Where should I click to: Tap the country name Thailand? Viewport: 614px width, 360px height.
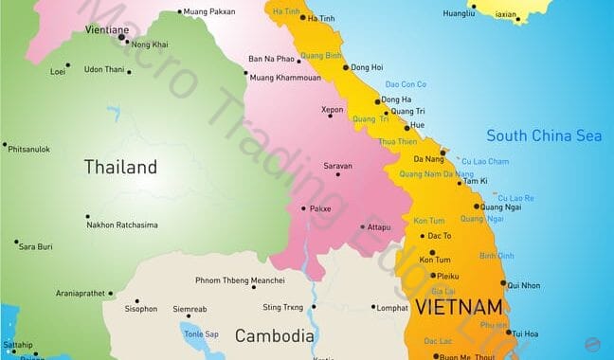(x=120, y=168)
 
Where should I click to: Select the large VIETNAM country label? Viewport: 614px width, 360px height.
(x=458, y=307)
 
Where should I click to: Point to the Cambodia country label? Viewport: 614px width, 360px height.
(x=274, y=335)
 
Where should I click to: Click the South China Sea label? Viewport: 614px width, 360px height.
(x=544, y=135)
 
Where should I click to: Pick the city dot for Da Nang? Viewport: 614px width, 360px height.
(x=442, y=152)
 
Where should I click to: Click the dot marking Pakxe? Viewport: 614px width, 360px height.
(x=303, y=208)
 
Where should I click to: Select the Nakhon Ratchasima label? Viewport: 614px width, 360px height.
(x=122, y=225)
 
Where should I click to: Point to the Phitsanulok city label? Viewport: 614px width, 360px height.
(x=30, y=149)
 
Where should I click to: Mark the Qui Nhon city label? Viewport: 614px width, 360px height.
(x=524, y=285)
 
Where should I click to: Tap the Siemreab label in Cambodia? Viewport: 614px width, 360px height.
(x=190, y=308)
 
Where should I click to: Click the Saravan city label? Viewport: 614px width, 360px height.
(x=337, y=166)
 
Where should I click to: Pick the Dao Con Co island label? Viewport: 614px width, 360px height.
(x=406, y=85)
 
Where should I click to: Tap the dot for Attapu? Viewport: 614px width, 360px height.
(x=362, y=227)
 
